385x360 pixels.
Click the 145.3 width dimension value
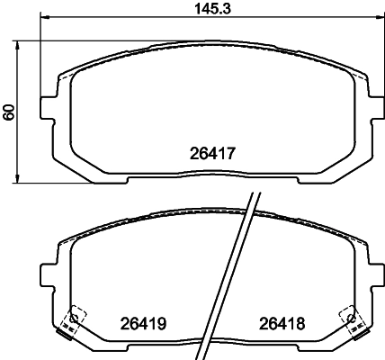coord(212,8)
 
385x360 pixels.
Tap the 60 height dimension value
coord(9,112)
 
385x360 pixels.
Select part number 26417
coord(212,153)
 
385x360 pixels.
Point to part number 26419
coord(143,324)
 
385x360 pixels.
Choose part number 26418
coord(282,324)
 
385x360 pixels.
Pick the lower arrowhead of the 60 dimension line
coord(17,177)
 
